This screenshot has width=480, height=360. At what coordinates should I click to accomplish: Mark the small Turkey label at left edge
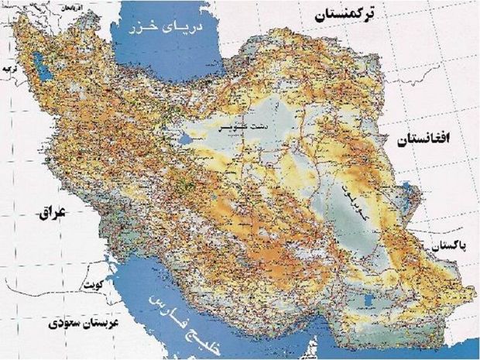[x=10, y=69]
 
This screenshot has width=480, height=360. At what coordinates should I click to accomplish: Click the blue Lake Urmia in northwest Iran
[x=44, y=75]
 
